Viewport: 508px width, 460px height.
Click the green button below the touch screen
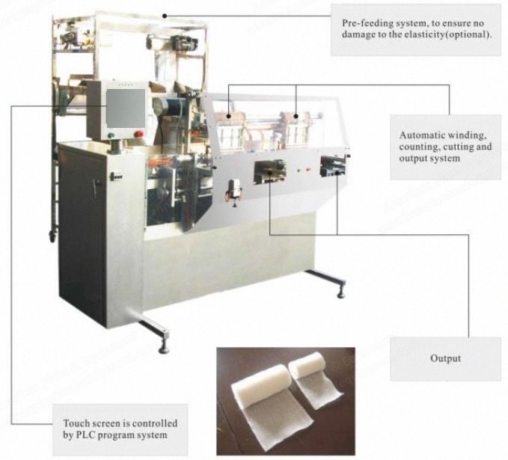pyautogui.click(x=111, y=135)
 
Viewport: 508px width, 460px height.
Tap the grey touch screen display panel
pyautogui.click(x=126, y=108)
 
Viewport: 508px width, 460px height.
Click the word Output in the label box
pyautogui.click(x=445, y=358)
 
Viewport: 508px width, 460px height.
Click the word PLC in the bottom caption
pyautogui.click(x=85, y=435)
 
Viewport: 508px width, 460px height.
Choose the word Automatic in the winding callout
pyautogui.click(x=420, y=135)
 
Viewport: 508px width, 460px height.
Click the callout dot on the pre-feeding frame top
pyautogui.click(x=165, y=16)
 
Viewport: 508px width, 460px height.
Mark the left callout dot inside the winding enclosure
pyautogui.click(x=229, y=116)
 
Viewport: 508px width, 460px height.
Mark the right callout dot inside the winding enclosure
pyautogui.click(x=296, y=116)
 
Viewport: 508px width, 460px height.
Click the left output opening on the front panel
pyautogui.click(x=269, y=171)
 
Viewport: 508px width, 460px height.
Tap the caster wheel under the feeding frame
pyautogui.click(x=52, y=236)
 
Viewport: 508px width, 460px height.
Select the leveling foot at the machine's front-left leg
pyautogui.click(x=164, y=346)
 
